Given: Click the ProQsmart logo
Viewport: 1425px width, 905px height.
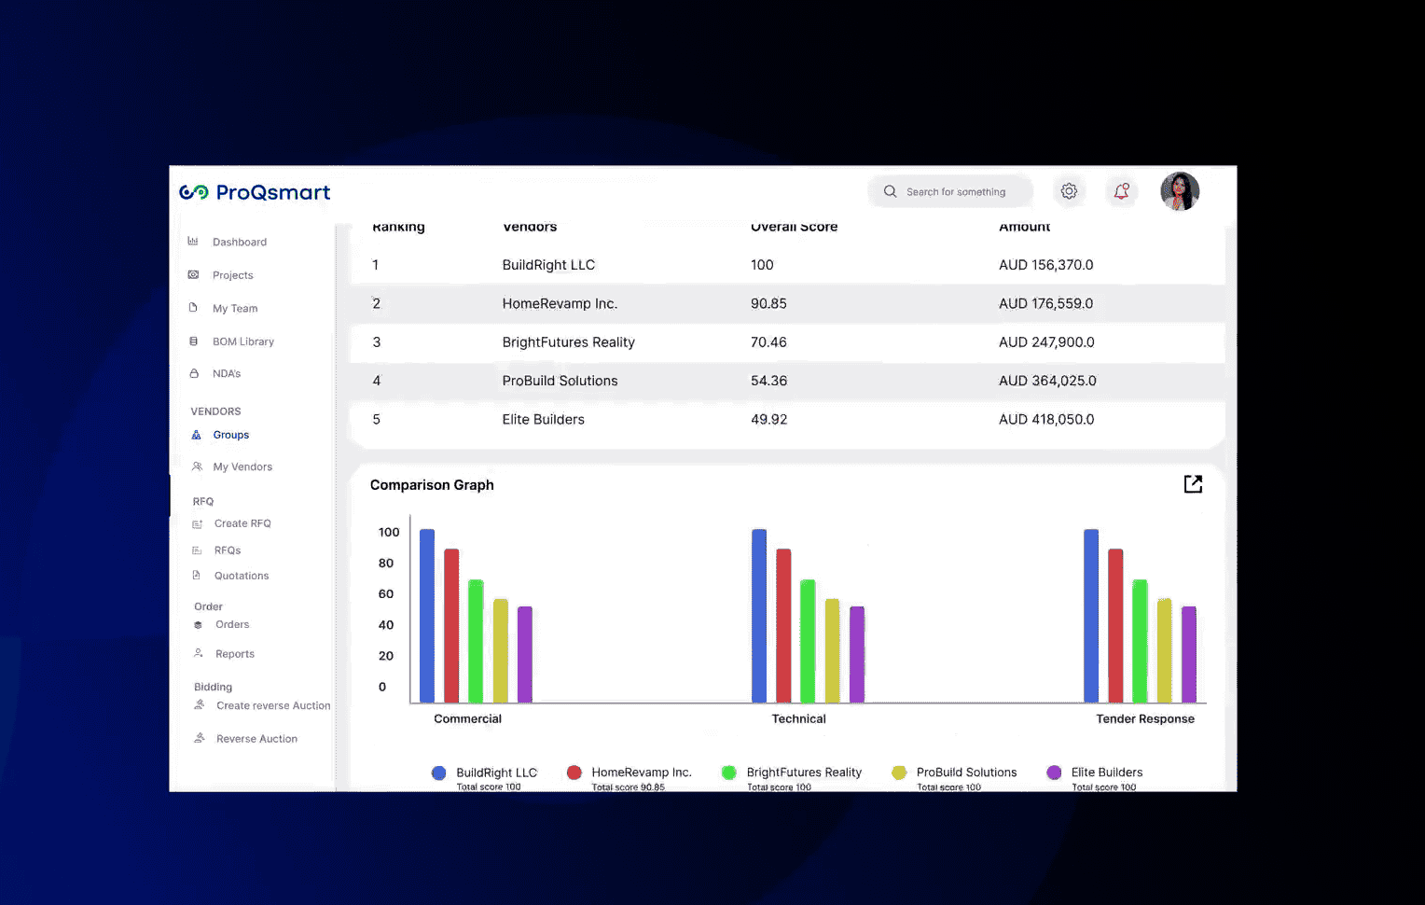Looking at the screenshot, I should point(255,192).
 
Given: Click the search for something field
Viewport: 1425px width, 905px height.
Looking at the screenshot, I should point(955,192).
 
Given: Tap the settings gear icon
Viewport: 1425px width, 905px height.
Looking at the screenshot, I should point(1069,191).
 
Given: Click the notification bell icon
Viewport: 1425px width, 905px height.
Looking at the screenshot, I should point(1121,191).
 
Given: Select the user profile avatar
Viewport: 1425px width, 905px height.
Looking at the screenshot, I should point(1180,191).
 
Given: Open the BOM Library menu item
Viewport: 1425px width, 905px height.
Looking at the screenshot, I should point(242,341).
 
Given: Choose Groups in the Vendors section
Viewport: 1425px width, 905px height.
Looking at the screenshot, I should point(230,435).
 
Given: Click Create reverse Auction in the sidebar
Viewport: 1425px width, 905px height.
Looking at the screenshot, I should point(272,706).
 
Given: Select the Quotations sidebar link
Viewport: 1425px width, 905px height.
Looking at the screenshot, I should point(241,576).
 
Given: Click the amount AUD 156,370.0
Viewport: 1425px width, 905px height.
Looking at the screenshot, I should point(1045,265).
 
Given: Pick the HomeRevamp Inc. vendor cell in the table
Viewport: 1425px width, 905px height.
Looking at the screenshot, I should point(560,304).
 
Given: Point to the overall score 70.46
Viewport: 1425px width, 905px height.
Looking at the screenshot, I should point(768,342).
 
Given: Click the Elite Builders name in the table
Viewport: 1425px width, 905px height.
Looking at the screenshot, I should point(543,420).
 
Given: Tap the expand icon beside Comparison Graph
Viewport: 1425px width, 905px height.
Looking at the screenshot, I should point(1193,484).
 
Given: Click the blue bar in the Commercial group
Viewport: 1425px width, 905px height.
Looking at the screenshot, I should point(427,616).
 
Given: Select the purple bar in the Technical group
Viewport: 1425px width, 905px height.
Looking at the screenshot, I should point(857,654).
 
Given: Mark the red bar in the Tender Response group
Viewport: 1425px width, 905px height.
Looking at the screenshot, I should point(1115,625).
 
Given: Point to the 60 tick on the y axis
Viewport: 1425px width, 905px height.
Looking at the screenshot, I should point(386,594).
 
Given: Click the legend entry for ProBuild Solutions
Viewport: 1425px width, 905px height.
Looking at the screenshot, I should point(965,773).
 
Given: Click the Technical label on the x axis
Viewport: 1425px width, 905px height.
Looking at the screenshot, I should point(798,719).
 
